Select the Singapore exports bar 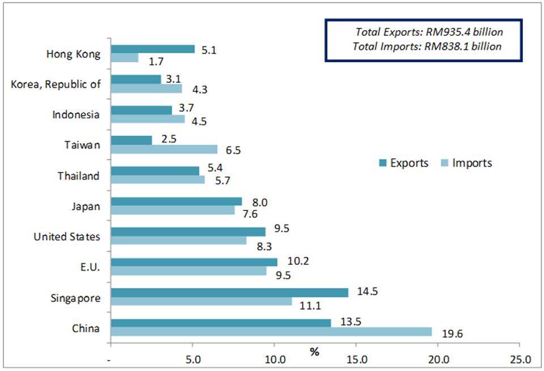(x=229, y=292)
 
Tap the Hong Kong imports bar (x=125, y=58)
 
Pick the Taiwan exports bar (x=131, y=140)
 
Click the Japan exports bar (x=177, y=201)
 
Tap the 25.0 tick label (x=520, y=359)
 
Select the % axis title (x=314, y=352)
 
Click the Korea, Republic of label (x=56, y=85)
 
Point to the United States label (x=67, y=237)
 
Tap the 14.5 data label (x=367, y=292)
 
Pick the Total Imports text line (x=427, y=47)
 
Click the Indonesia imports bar (x=148, y=119)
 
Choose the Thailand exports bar (x=155, y=170)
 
